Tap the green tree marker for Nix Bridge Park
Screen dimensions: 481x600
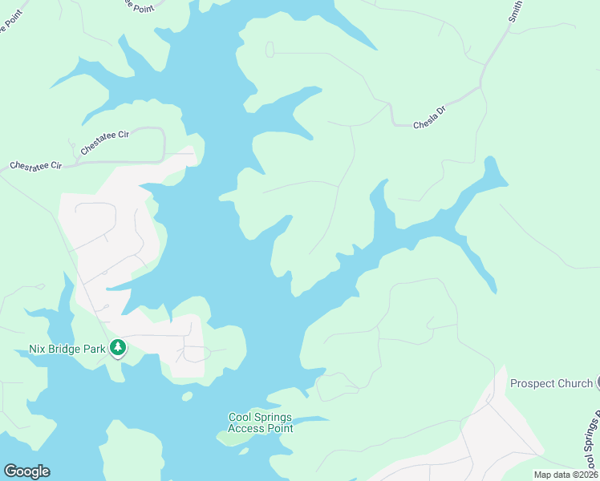pos(119,348)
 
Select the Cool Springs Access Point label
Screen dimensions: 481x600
pos(261,423)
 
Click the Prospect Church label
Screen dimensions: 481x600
pos(551,383)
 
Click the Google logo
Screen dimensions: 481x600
pos(26,471)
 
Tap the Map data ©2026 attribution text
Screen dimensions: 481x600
pos(566,475)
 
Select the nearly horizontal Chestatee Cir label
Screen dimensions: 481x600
pos(36,166)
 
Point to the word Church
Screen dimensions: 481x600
pos(573,383)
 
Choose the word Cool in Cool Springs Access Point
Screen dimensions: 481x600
pos(241,418)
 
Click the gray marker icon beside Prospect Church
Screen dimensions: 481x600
pos(597,383)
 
